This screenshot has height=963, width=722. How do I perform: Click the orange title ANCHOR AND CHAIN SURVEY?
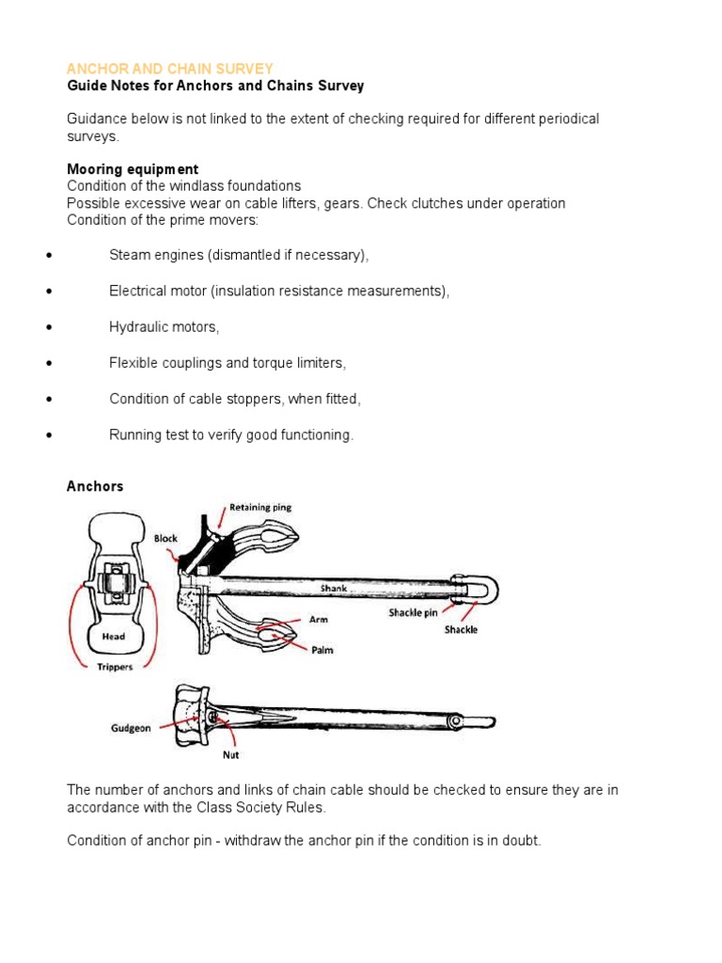(169, 69)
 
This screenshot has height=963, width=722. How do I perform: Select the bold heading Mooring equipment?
(132, 169)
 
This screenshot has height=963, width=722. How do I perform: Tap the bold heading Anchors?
(95, 486)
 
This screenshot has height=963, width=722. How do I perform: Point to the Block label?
(165, 539)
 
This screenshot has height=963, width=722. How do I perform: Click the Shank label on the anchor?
(332, 589)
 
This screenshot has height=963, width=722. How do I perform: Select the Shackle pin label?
(418, 613)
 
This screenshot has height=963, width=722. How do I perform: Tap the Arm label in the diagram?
(320, 620)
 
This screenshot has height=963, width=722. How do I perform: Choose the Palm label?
(323, 649)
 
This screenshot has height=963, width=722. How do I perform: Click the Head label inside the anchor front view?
(113, 637)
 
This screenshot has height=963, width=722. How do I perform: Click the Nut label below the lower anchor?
(229, 754)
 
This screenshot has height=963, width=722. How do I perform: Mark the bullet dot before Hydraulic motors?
(47, 327)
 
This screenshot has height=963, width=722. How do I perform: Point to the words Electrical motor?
(158, 292)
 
